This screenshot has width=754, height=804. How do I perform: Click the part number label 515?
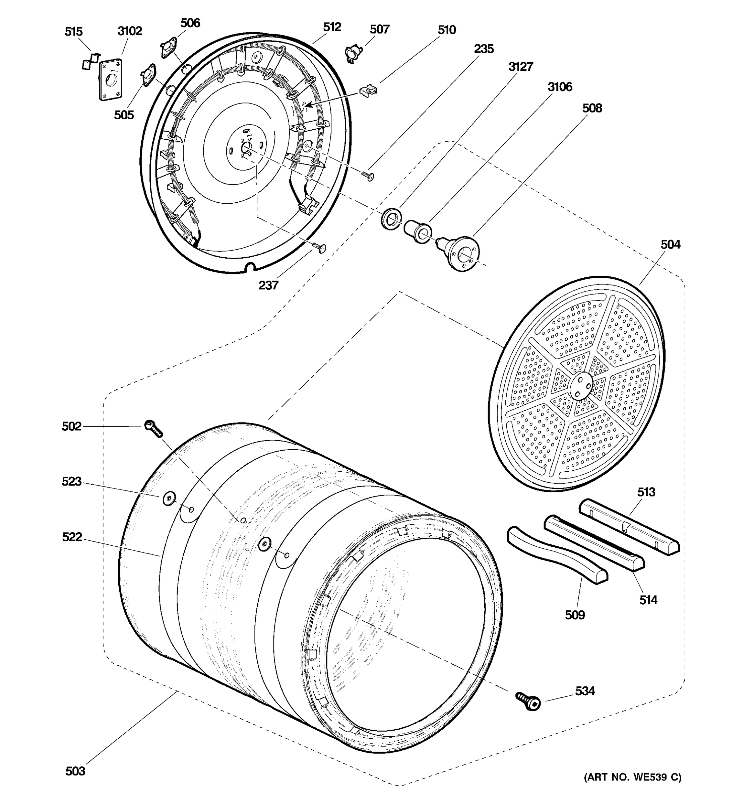[74, 31]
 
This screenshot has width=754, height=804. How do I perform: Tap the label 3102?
[130, 31]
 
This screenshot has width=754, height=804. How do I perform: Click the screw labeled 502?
[153, 429]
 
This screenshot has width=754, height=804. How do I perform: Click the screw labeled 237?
[319, 247]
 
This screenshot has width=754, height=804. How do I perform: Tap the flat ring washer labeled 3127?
[391, 218]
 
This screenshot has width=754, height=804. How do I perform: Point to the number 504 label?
[670, 245]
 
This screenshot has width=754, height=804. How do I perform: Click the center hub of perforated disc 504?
[580, 385]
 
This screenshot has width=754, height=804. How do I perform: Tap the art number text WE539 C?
[632, 777]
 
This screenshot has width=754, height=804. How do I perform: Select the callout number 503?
[75, 771]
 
